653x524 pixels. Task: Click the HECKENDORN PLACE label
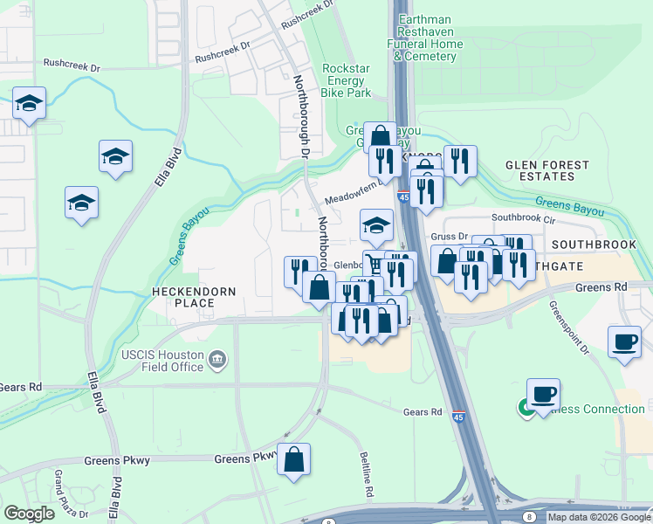click(x=183, y=297)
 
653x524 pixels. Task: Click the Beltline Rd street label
click(x=368, y=475)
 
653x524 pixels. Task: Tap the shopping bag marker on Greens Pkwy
click(x=294, y=459)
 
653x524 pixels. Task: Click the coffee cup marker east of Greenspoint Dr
click(x=625, y=341)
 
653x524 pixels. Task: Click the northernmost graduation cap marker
click(x=29, y=102)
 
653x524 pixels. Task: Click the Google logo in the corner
click(x=29, y=514)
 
